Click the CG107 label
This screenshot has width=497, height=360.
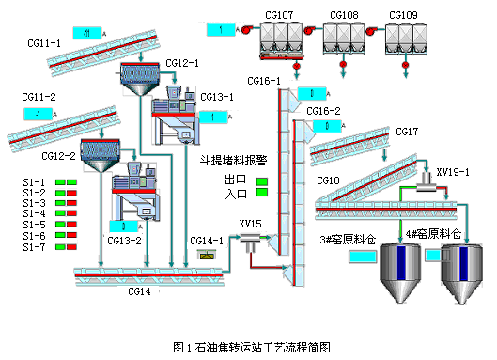(279, 14)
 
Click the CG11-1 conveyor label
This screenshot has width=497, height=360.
(44, 43)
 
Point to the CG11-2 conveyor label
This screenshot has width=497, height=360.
(40, 97)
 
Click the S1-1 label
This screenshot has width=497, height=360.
(33, 181)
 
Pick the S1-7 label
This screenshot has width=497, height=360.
(33, 247)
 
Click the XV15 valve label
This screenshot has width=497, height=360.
(250, 224)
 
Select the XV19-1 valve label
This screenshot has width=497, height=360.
(454, 173)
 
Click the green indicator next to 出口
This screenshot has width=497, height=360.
(262, 180)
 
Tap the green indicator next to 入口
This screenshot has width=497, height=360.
(262, 194)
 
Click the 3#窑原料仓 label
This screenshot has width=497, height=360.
(348, 241)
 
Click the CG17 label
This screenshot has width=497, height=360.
(407, 131)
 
